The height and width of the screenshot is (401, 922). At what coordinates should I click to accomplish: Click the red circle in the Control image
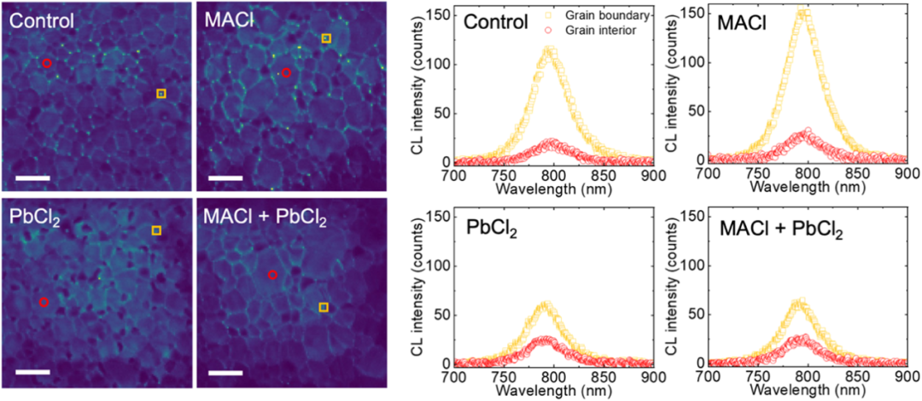47,63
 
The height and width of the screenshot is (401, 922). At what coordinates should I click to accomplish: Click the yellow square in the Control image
161,93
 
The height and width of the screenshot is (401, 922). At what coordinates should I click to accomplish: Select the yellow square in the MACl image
326,38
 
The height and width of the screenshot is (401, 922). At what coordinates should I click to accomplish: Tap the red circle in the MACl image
286,73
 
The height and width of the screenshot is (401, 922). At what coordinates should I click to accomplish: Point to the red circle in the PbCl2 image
44,302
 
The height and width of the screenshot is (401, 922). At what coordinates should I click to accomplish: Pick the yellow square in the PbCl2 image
155,230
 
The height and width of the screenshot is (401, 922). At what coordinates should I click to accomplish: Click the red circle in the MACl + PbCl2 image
272,275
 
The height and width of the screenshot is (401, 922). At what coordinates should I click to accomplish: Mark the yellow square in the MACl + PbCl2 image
323,306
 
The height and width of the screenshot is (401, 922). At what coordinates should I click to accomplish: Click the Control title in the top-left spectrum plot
496,21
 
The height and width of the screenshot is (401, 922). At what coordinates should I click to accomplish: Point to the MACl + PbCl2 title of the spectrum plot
776,230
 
